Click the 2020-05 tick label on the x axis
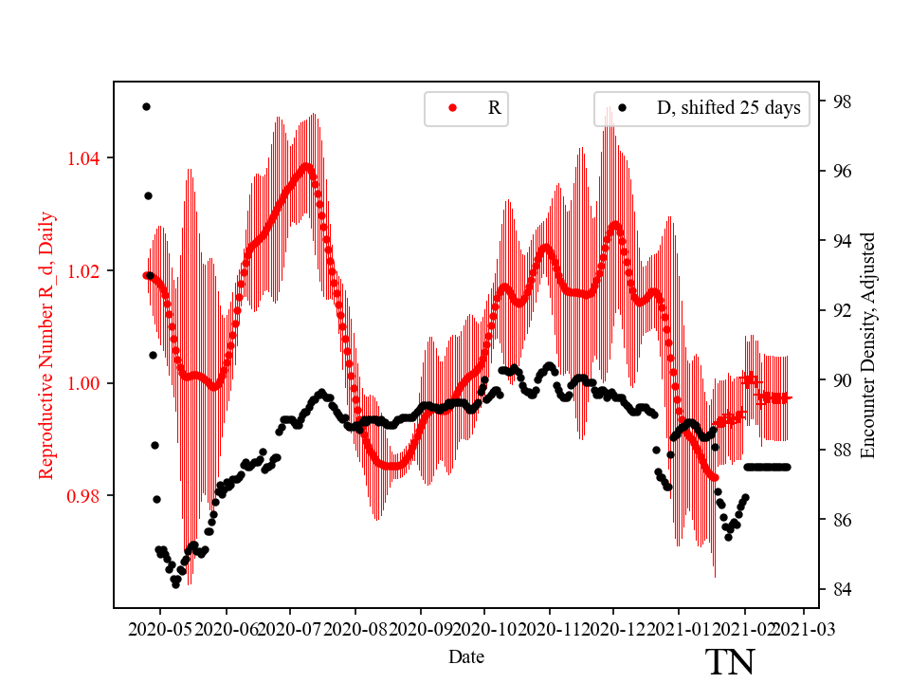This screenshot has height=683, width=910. coord(160,628)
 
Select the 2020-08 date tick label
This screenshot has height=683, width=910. coord(355,628)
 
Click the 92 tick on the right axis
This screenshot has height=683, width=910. coord(840,310)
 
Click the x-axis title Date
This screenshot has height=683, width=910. coord(467,656)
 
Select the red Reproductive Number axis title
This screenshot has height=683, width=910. coord(46,345)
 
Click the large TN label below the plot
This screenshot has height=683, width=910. coord(730,662)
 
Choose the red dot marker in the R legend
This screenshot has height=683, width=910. coord(452,108)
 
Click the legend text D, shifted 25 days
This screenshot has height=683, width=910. coord(728,108)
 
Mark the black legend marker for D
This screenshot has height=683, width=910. coord(623,108)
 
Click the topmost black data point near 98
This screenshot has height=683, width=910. coord(146,106)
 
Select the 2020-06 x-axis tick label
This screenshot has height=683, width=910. coord(226,628)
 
